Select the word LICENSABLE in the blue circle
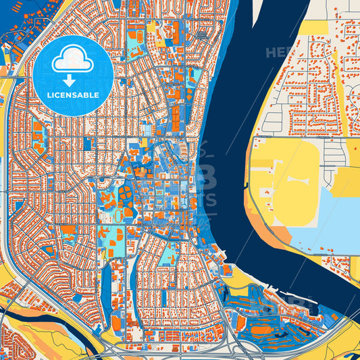click(73, 96)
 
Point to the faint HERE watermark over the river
click(278, 52)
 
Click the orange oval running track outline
click(120, 215)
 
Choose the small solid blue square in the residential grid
click(87, 143)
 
